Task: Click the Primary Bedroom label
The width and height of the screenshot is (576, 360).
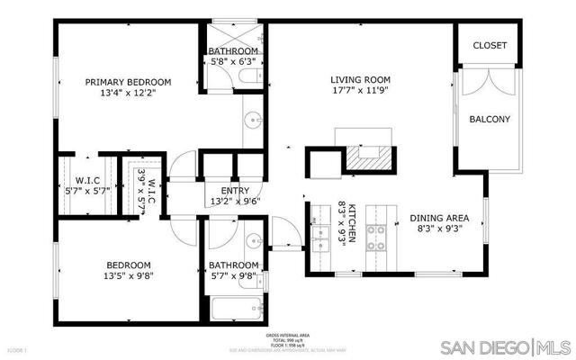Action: click(x=140, y=82)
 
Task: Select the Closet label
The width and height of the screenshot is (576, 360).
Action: click(x=489, y=45)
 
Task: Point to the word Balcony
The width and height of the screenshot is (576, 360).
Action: click(x=490, y=119)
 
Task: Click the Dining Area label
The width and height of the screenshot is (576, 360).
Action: click(x=439, y=218)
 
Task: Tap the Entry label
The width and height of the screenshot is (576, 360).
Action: click(x=235, y=191)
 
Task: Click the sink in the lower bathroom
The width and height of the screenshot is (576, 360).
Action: click(x=254, y=242)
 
